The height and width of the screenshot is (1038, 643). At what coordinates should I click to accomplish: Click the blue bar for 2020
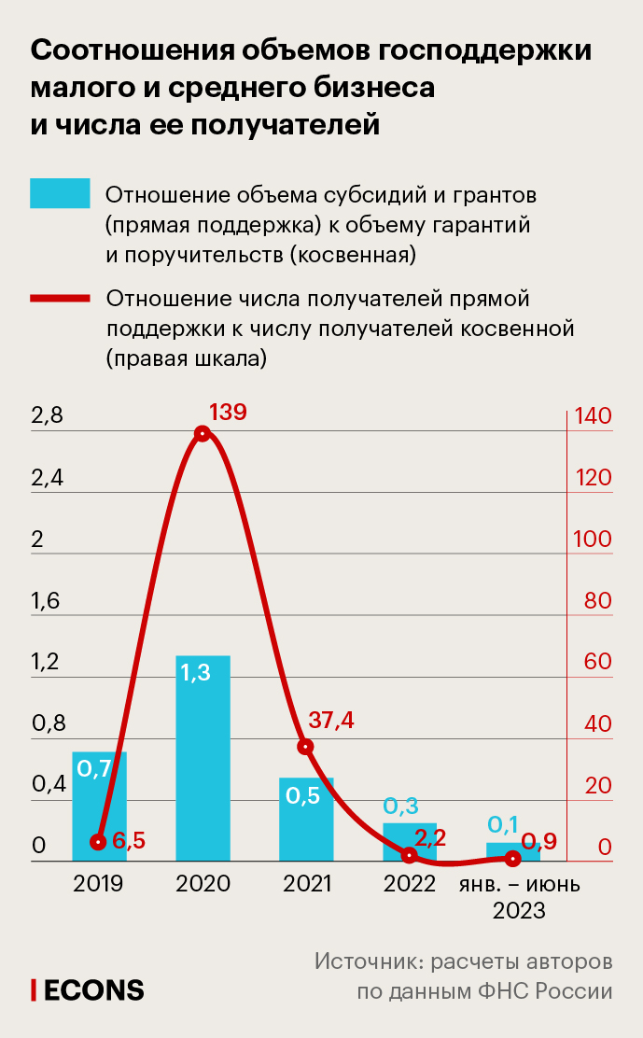click(x=203, y=757)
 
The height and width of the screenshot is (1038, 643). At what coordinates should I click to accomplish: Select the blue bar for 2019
click(x=99, y=806)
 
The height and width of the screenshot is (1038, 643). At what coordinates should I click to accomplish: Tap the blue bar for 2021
click(x=306, y=819)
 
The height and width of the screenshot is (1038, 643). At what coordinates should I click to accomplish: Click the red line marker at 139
click(x=203, y=433)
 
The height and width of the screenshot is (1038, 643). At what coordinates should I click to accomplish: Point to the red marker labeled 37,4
click(x=305, y=747)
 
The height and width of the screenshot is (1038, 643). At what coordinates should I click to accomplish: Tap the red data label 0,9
click(x=538, y=842)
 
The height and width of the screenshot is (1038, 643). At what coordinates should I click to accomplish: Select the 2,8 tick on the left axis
click(x=47, y=416)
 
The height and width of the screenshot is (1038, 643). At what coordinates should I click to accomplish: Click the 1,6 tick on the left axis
click(x=46, y=601)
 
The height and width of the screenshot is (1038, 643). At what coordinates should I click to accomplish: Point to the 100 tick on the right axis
click(x=597, y=540)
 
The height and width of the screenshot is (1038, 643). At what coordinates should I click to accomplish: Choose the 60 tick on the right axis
click(x=597, y=663)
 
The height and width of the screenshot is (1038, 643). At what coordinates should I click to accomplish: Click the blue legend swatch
click(x=60, y=193)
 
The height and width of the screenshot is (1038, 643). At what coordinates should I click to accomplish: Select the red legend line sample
click(x=60, y=299)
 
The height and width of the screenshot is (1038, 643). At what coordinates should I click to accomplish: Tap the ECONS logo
click(x=88, y=989)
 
